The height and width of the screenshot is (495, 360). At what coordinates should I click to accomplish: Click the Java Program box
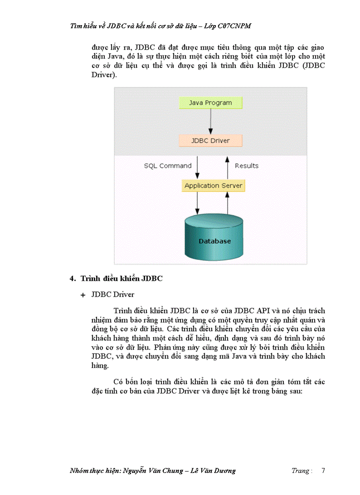pos(210,103)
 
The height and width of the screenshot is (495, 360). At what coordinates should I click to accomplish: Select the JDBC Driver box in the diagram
pos(210,141)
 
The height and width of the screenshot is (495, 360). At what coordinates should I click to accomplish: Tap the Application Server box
pos(213,186)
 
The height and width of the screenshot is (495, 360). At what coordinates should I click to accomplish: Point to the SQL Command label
pos(168,166)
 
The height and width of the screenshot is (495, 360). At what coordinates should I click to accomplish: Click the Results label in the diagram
pos(247,166)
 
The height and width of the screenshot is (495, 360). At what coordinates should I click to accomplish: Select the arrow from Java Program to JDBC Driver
pos(210,122)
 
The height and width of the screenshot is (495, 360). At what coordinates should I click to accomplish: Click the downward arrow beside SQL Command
pos(197,167)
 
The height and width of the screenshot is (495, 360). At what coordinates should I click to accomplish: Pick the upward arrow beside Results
pos(227,167)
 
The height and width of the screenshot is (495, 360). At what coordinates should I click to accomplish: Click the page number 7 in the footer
pos(323,470)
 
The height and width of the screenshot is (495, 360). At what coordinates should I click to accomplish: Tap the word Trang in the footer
pos(300,470)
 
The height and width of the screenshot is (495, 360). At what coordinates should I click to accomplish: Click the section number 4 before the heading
pos(72,278)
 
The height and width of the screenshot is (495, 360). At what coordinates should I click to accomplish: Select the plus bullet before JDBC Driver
pos(82,295)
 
